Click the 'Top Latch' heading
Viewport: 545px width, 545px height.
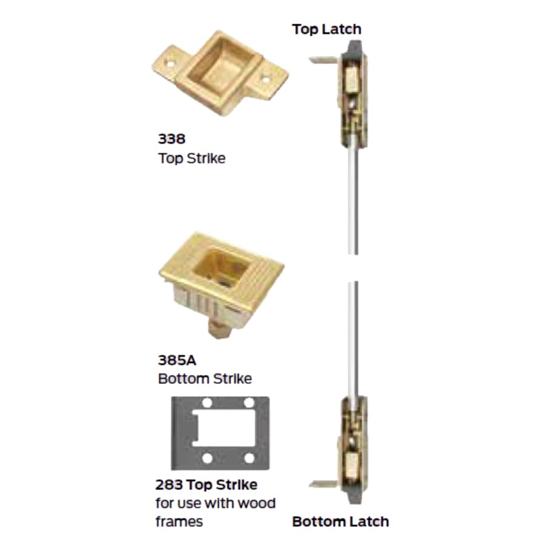pos(326,29)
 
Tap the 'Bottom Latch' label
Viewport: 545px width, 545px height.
pos(340,521)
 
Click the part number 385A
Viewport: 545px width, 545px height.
pos(176,360)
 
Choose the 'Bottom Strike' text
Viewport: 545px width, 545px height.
pos(205,379)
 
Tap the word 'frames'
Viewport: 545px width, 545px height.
pos(179,521)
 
